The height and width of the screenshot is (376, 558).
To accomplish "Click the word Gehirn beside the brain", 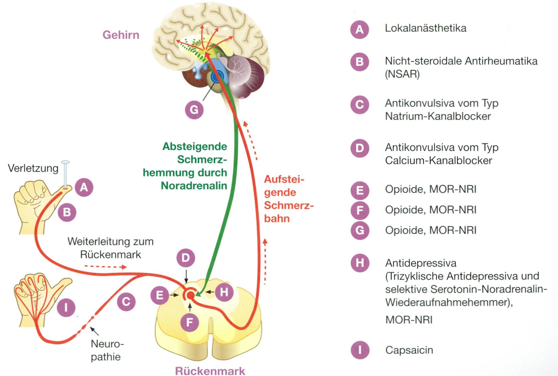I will pyautogui.click(x=121, y=35).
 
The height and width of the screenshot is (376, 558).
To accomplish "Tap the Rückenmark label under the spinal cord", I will pyautogui.click(x=210, y=371).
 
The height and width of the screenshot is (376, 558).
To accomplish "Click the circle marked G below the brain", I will pyautogui.click(x=194, y=110).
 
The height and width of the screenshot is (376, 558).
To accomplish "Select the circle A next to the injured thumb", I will pyautogui.click(x=84, y=187).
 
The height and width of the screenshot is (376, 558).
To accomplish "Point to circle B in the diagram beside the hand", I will pyautogui.click(x=67, y=212).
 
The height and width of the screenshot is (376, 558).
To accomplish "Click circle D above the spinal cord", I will pyautogui.click(x=186, y=258).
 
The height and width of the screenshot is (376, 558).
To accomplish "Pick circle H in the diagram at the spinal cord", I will pyautogui.click(x=224, y=292).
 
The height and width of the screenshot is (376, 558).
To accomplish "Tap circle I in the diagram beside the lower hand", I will pyautogui.click(x=66, y=307).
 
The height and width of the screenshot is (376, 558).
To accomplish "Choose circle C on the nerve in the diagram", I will pyautogui.click(x=126, y=302).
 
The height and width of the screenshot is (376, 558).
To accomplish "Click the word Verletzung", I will pyautogui.click(x=33, y=168).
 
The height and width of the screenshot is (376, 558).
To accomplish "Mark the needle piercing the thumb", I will pyautogui.click(x=65, y=174).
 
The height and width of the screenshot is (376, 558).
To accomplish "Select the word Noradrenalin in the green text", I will pyautogui.click(x=194, y=186).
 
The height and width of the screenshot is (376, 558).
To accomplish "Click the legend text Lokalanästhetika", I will pyautogui.click(x=425, y=28).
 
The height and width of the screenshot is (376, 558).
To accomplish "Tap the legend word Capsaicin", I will pyautogui.click(x=409, y=350).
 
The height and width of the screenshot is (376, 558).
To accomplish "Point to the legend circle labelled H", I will pyautogui.click(x=360, y=263).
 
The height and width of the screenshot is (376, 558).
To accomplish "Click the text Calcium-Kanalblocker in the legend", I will pyautogui.click(x=439, y=161).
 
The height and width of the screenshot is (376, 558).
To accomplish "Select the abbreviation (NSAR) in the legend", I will pyautogui.click(x=402, y=74).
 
